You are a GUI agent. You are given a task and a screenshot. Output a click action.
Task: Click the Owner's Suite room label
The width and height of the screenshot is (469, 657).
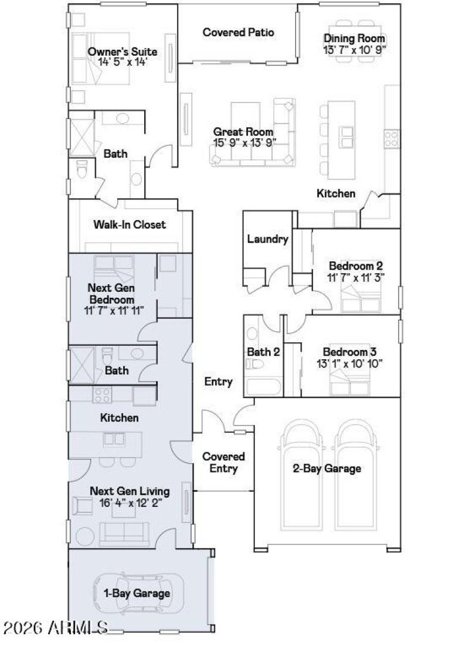click(x=123, y=52)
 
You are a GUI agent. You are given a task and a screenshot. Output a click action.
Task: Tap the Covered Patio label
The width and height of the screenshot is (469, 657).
click(x=238, y=32)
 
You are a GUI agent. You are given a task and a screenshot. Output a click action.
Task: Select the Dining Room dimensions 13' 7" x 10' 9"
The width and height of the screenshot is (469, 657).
click(x=355, y=49)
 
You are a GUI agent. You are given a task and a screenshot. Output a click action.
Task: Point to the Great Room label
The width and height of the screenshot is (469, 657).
click(x=243, y=132)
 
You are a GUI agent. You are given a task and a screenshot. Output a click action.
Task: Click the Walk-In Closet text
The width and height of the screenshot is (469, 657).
click(x=130, y=224)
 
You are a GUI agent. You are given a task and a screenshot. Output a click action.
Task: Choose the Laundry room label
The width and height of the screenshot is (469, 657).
click(x=267, y=239)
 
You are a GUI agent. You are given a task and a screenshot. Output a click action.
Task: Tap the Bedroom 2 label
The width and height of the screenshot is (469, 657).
click(x=356, y=265)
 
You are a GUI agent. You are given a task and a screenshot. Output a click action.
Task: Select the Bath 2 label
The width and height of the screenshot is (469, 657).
click(x=263, y=352)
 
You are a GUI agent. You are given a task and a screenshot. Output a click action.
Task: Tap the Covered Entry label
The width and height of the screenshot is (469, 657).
click(x=223, y=462)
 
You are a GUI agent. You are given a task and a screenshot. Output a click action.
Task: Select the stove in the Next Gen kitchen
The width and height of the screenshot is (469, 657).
click(x=103, y=394)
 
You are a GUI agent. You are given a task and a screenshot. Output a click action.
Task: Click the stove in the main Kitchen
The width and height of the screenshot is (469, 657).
click(x=391, y=139)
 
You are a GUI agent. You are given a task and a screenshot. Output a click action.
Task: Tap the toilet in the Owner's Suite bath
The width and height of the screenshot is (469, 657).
click(x=81, y=168)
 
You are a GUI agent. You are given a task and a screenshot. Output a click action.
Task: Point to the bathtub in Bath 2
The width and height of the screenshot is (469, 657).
click(x=263, y=387)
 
